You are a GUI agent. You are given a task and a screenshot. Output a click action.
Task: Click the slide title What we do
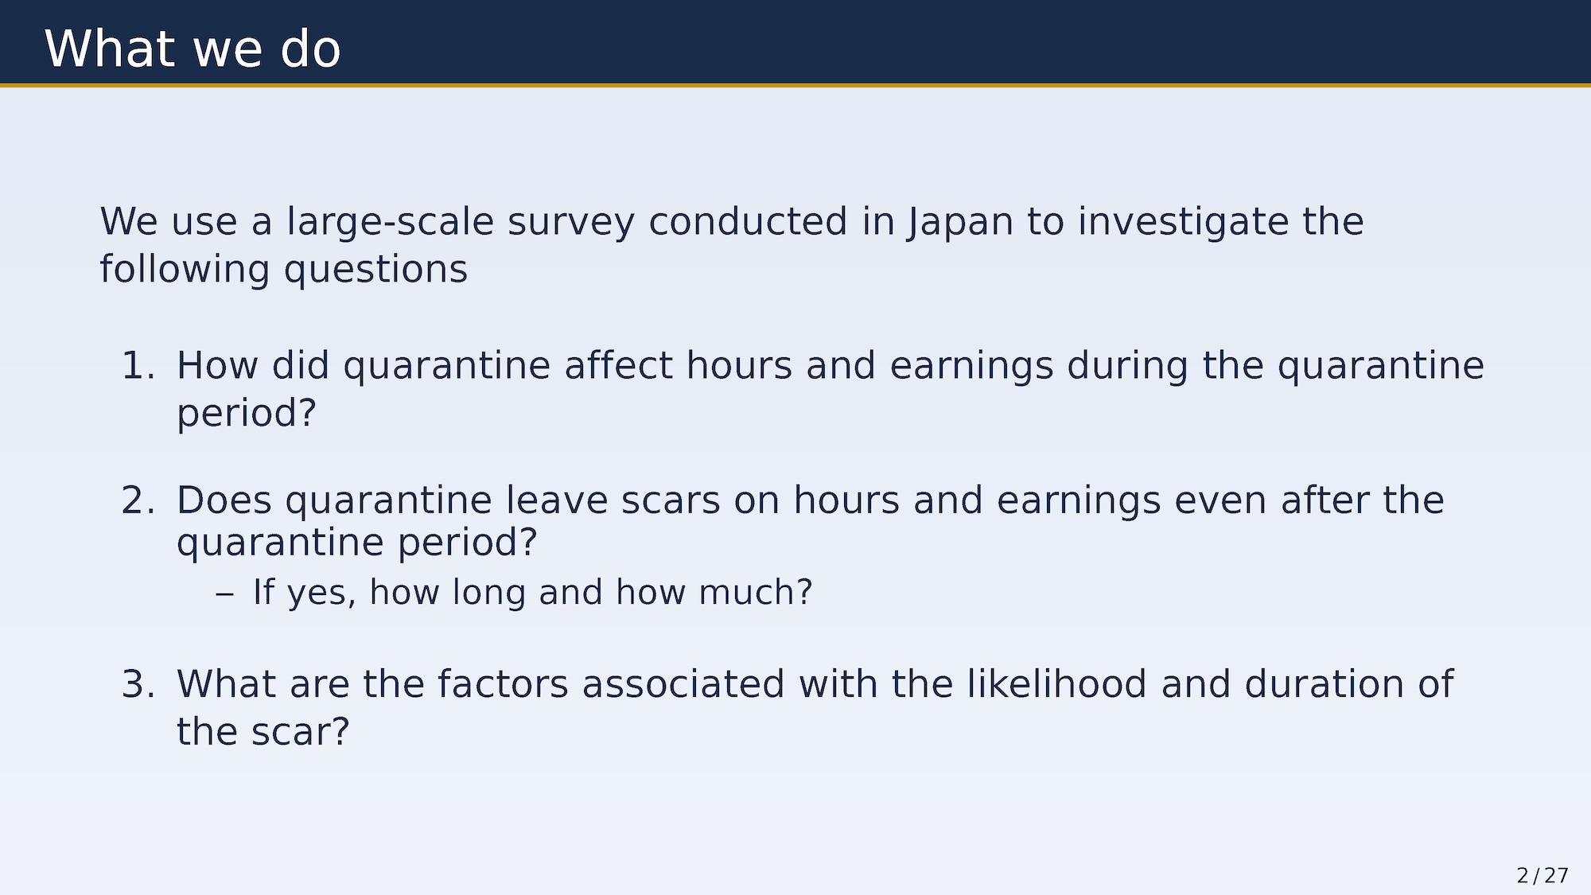[193, 49]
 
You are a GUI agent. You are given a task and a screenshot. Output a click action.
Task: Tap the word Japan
[960, 222]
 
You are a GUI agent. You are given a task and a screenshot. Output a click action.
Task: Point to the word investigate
[1183, 222]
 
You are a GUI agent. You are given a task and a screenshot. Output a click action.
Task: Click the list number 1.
[138, 366]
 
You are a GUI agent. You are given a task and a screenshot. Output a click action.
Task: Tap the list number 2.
[138, 500]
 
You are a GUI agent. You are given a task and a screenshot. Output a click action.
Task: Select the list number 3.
[138, 684]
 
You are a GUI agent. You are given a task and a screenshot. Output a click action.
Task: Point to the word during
[1127, 366]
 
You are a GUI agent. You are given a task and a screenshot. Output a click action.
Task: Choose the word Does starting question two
[224, 500]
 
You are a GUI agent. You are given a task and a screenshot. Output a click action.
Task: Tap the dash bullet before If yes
[224, 593]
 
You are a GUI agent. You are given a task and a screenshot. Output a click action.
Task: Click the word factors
[503, 684]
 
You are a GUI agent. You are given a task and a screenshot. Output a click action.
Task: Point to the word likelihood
[1056, 684]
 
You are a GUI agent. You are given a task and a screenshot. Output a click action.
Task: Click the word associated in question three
[683, 684]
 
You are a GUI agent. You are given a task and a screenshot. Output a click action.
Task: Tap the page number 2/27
[1542, 876]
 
